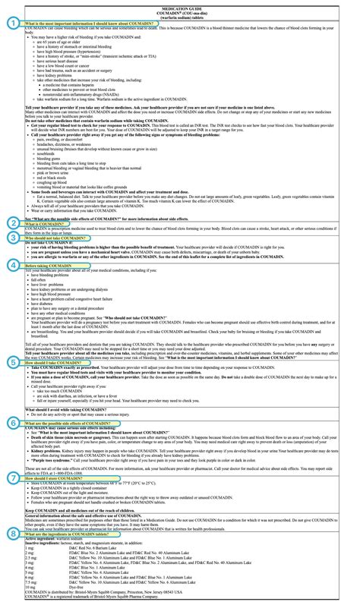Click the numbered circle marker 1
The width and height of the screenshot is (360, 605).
pyautogui.click(x=13, y=22)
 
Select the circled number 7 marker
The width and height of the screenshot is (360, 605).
pyautogui.click(x=13, y=499)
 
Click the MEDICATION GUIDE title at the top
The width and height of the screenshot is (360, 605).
pyautogui.click(x=180, y=5)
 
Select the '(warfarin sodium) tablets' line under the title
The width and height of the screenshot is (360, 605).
pyautogui.click(x=180, y=17)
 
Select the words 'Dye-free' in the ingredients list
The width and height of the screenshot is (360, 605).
pyautogui.click(x=111, y=585)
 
